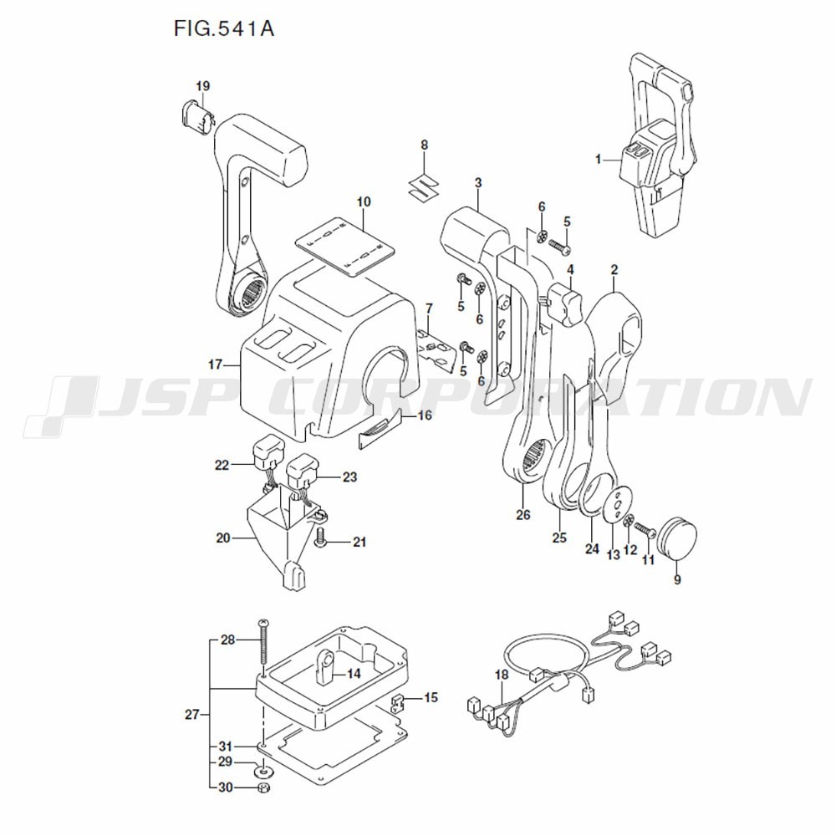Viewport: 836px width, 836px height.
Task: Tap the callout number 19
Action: (x=203, y=86)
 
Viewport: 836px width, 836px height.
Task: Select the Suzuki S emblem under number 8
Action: (x=425, y=186)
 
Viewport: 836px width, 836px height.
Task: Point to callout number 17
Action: (x=215, y=364)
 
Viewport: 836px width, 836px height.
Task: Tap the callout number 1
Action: (x=599, y=158)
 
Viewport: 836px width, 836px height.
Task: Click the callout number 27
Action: (x=191, y=714)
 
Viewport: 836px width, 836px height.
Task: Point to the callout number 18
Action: (x=501, y=675)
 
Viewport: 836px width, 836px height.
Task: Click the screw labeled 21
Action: (x=320, y=543)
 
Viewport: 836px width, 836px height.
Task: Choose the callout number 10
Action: (x=364, y=201)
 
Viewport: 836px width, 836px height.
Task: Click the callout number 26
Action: (x=523, y=515)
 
